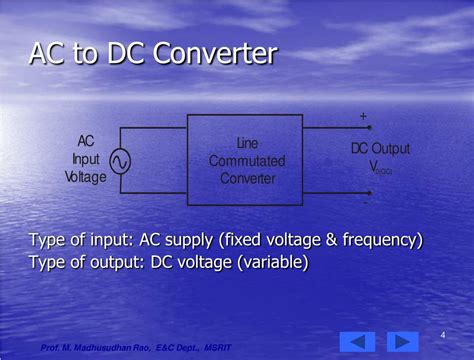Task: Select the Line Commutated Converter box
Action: (x=246, y=160)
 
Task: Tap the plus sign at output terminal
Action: (x=363, y=117)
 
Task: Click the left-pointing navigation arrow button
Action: (x=358, y=340)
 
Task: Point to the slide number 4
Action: (x=442, y=334)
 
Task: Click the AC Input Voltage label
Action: (x=85, y=159)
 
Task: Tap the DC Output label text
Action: (x=379, y=149)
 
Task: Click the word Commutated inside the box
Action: (x=247, y=161)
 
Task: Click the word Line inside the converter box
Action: (x=247, y=144)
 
